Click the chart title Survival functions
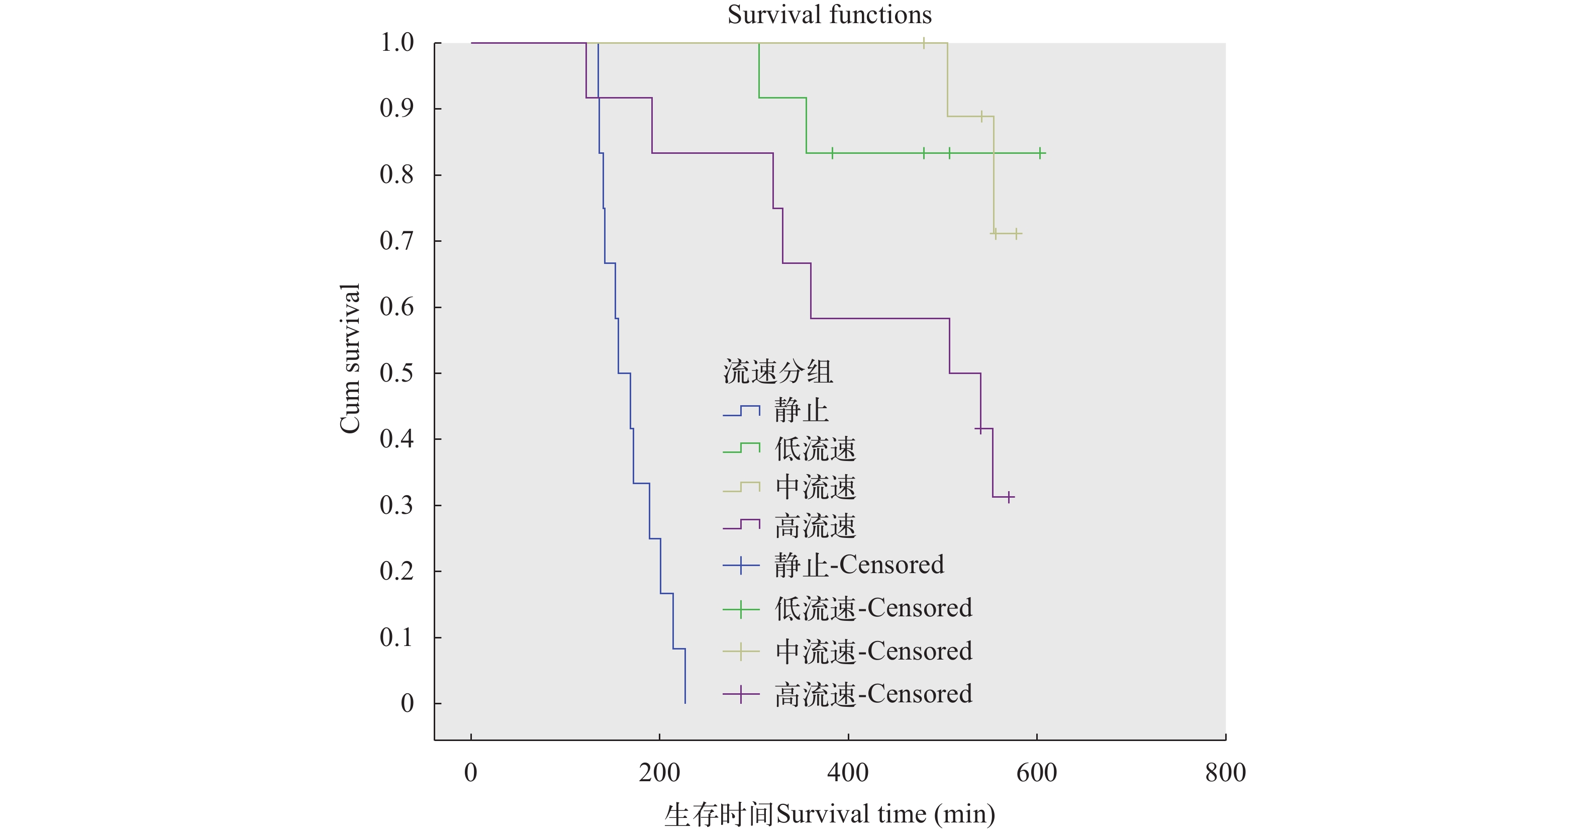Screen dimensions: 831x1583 [829, 15]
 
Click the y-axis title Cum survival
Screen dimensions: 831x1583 [350, 359]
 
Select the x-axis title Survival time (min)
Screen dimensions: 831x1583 [829, 814]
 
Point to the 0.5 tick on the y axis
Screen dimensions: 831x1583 [397, 373]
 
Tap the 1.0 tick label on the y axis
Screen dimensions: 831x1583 [397, 43]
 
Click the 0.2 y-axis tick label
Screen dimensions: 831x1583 [397, 571]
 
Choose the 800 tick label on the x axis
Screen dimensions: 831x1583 [1225, 773]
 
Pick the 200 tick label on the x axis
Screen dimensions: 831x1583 [659, 773]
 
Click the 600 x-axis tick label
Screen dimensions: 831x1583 [1037, 773]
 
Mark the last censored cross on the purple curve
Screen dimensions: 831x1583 [1009, 497]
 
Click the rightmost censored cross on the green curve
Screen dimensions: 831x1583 [1040, 153]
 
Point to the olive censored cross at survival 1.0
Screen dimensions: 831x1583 [924, 43]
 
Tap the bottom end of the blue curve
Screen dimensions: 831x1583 [684, 702]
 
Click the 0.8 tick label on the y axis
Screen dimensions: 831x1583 [397, 175]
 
